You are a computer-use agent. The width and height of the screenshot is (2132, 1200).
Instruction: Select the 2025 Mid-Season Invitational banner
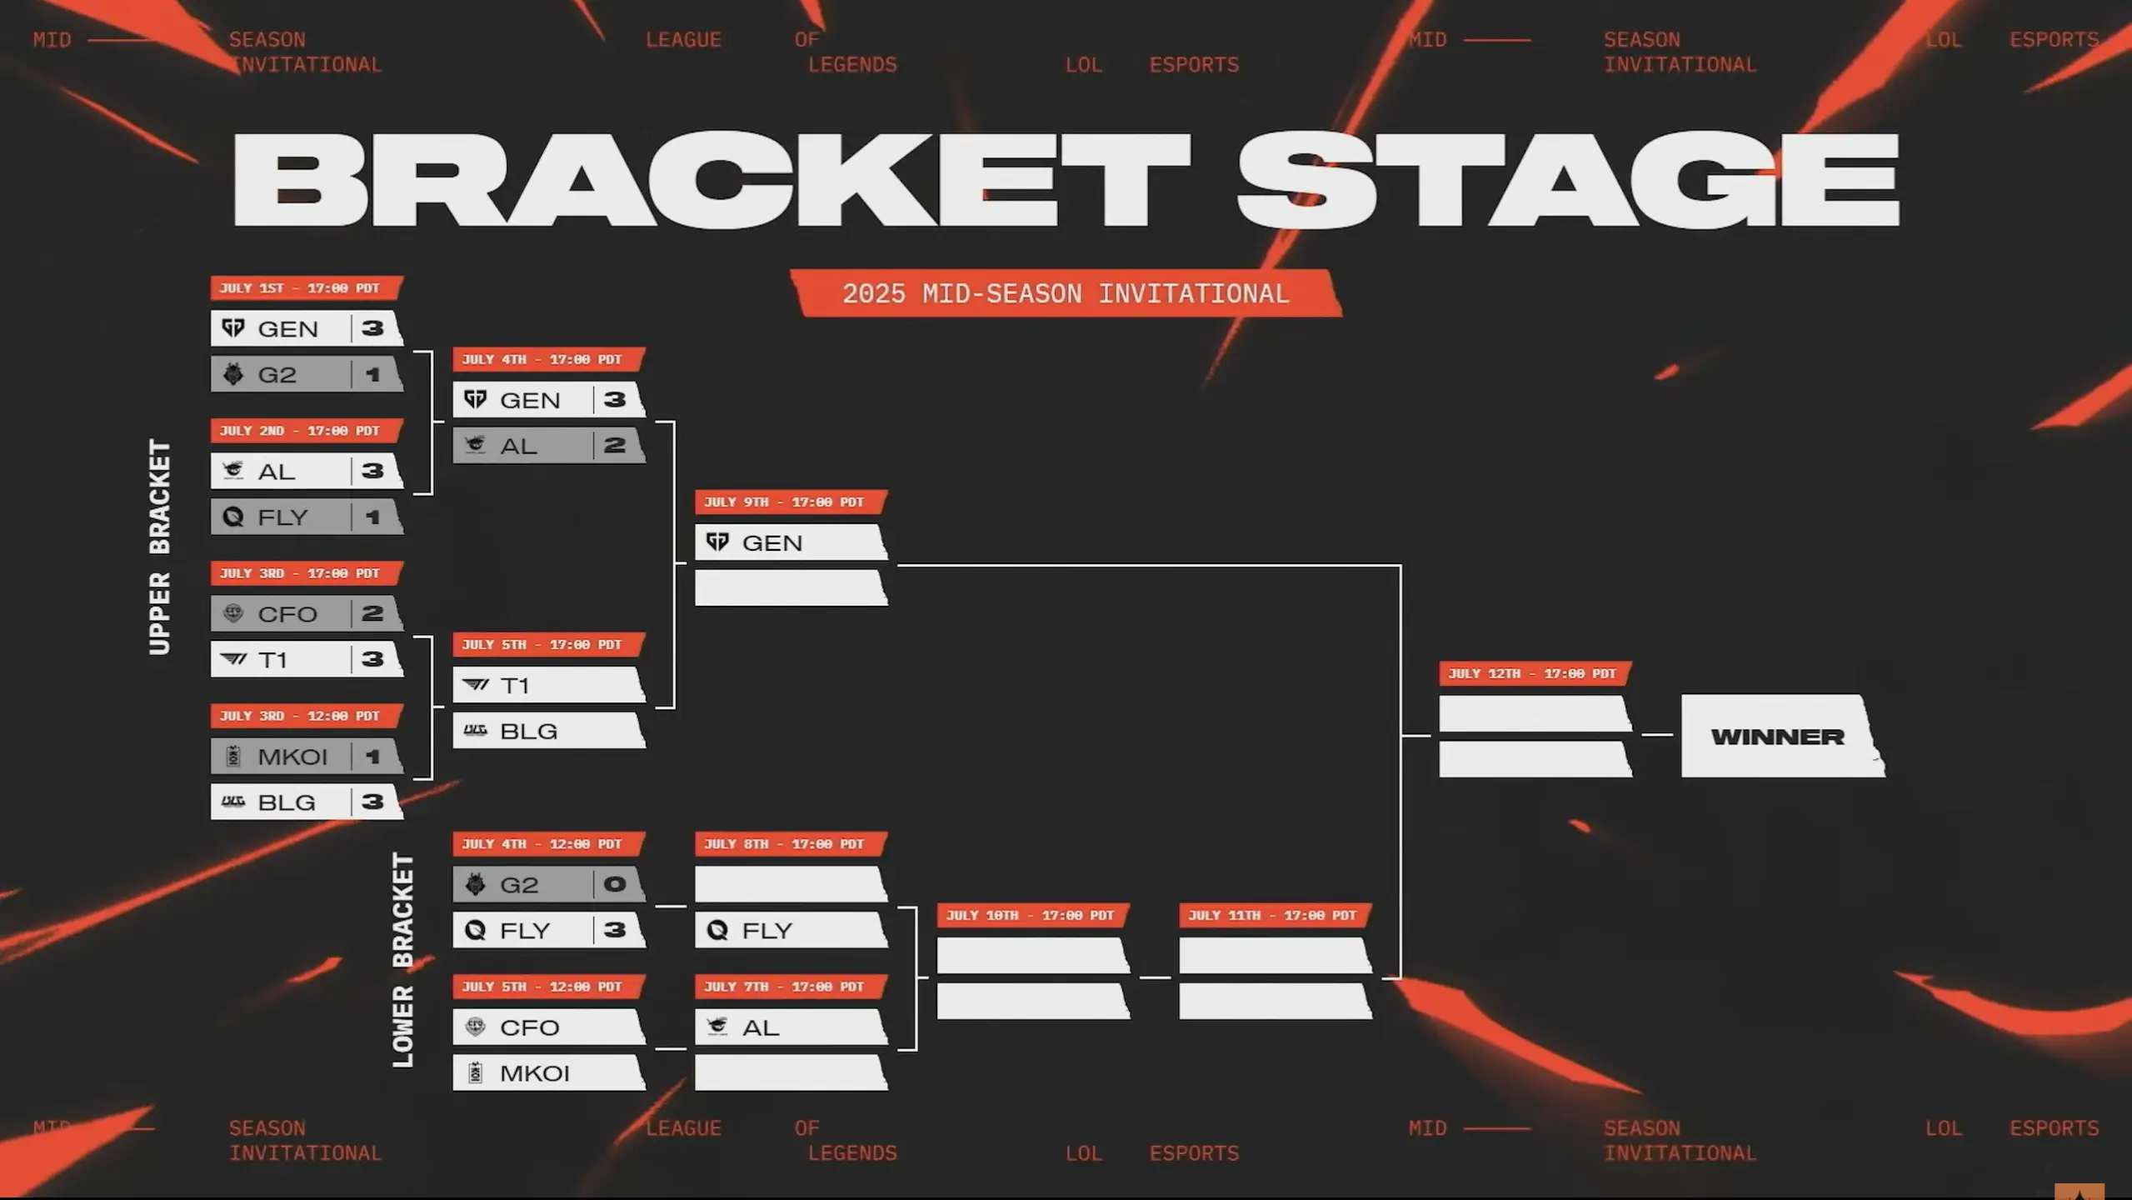[1066, 293]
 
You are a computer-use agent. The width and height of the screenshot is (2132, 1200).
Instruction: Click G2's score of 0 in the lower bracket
[616, 884]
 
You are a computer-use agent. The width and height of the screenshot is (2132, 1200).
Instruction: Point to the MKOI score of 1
[372, 757]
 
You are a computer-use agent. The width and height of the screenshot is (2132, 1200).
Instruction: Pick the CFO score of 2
[372, 614]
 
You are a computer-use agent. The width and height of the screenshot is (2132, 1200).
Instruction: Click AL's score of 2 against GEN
[616, 445]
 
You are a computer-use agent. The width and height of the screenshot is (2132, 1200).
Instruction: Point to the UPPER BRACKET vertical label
[159, 547]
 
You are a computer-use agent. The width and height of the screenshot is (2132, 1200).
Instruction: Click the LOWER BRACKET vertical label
[402, 959]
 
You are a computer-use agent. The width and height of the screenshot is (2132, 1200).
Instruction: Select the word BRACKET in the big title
[711, 179]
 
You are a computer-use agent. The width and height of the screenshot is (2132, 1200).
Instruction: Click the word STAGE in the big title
[1568, 179]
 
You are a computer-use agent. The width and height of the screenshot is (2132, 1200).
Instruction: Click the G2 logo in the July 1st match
[233, 374]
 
